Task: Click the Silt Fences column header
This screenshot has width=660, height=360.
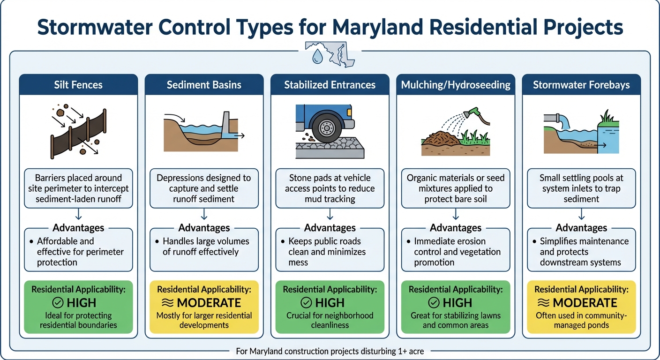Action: point(78,85)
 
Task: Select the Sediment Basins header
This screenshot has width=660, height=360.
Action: point(204,85)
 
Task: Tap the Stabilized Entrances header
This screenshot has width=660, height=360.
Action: point(330,85)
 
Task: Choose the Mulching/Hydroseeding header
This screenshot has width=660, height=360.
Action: point(456,85)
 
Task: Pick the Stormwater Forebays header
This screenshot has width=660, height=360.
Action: point(581,85)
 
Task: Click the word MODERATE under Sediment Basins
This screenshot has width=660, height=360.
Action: point(210,303)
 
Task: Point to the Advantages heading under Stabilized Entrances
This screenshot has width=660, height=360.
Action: point(330,228)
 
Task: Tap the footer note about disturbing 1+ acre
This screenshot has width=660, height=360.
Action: point(330,351)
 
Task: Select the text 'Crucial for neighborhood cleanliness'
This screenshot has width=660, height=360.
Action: point(330,320)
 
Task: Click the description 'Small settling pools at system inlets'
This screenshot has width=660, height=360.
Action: point(581,188)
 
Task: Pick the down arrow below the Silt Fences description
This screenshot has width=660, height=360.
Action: point(78,215)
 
